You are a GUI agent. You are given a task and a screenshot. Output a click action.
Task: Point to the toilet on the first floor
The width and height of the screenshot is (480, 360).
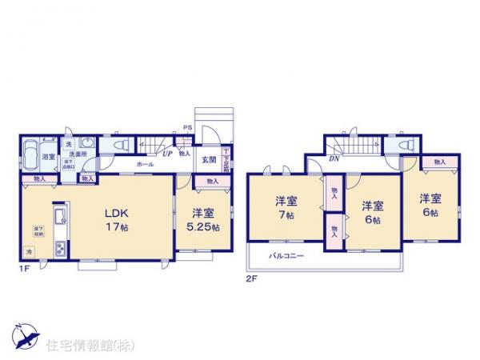point(122,146)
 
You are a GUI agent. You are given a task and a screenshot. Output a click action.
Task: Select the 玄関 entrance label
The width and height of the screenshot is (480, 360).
point(206,157)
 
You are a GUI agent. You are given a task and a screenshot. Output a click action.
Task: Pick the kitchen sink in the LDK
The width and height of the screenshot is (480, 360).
point(60,218)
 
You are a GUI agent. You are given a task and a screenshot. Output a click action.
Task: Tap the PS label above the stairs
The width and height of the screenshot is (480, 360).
point(188,127)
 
